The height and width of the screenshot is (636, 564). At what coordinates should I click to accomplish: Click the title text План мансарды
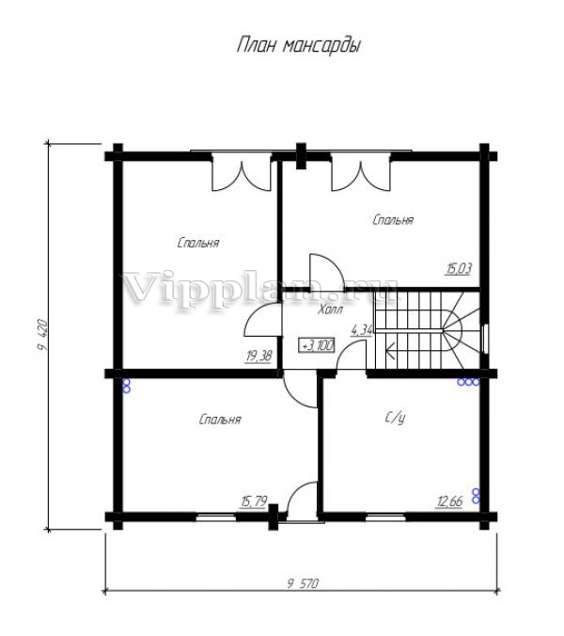click(299, 45)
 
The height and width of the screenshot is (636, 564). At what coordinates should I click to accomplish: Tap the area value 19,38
click(258, 356)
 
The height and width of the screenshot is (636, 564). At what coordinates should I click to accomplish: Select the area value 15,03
click(459, 268)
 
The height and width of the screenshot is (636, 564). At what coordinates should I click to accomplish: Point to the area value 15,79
click(254, 501)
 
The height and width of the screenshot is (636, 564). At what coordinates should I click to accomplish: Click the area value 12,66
click(449, 501)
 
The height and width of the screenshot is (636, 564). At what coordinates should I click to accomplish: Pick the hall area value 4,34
click(362, 330)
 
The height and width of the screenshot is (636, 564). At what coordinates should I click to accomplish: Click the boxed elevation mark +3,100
click(316, 345)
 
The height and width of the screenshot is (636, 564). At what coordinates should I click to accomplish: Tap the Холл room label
click(330, 310)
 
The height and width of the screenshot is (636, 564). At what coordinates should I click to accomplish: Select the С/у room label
click(395, 418)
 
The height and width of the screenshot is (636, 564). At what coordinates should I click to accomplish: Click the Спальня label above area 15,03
click(393, 220)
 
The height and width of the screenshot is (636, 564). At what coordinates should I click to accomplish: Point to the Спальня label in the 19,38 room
click(198, 243)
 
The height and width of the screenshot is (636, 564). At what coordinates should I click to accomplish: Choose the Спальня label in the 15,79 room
click(220, 420)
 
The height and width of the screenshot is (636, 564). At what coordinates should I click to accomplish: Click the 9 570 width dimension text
click(303, 583)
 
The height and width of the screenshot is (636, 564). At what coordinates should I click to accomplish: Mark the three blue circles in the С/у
click(468, 382)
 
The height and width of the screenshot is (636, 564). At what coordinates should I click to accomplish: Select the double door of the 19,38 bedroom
click(242, 171)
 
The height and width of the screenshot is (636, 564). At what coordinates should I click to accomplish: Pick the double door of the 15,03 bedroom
click(361, 171)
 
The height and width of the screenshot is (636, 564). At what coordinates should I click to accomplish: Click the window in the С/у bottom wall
click(385, 517)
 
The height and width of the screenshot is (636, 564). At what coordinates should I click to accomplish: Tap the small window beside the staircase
click(485, 339)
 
